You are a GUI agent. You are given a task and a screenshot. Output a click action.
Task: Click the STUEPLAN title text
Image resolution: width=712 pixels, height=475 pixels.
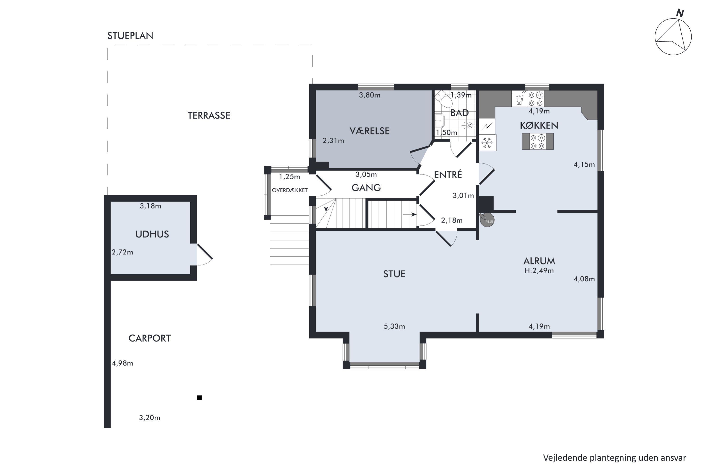pyautogui.click(x=130, y=36)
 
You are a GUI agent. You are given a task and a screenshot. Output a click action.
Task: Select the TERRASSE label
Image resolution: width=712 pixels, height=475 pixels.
pyautogui.click(x=209, y=115)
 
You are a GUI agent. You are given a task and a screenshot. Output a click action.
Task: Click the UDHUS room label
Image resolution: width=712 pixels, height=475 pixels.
pyautogui.click(x=152, y=234)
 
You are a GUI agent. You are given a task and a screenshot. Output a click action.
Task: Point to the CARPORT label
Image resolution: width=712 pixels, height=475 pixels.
pyautogui.click(x=150, y=338)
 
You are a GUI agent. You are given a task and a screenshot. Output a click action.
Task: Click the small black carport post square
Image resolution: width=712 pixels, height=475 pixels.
pyautogui.click(x=199, y=398)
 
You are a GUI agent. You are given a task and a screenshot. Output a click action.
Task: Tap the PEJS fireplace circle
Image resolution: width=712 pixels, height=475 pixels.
pyautogui.click(x=487, y=220)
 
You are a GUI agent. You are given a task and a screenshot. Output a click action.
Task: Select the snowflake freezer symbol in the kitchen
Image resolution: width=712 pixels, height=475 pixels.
pyautogui.click(x=487, y=143)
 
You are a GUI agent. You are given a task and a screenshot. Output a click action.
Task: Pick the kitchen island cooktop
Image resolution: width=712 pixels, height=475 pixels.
pyautogui.click(x=538, y=142)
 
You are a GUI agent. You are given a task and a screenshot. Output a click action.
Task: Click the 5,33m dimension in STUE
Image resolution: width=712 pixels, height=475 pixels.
pyautogui.click(x=394, y=326)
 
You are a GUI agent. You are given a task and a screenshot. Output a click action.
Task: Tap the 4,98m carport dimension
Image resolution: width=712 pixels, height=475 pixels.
pyautogui.click(x=122, y=363)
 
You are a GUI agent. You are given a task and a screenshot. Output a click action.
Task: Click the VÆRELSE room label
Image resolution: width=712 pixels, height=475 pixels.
pyautogui.click(x=369, y=131)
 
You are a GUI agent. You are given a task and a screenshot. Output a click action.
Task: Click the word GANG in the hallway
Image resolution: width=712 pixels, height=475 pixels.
pyautogui.click(x=366, y=188)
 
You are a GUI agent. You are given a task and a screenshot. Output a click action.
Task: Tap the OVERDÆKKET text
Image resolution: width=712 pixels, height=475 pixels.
pyautogui.click(x=290, y=190)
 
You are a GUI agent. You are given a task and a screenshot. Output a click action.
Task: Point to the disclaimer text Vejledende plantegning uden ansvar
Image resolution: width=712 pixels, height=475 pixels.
pyautogui.click(x=614, y=458)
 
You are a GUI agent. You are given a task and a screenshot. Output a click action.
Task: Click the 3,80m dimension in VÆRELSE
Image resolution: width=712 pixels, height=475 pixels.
pyautogui.click(x=370, y=95)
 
